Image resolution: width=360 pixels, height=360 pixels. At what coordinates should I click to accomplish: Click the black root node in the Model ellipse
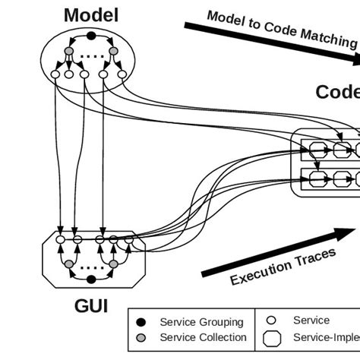click(91, 36)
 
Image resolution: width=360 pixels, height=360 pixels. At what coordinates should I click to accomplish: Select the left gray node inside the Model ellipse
click(69, 52)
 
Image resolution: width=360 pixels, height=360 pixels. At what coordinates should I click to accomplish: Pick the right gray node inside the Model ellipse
click(113, 52)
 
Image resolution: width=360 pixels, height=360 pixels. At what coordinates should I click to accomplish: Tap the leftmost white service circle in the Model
click(55, 74)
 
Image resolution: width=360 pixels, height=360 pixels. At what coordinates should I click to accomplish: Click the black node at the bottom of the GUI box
click(90, 279)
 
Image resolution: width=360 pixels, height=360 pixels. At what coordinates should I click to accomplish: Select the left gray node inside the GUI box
click(69, 264)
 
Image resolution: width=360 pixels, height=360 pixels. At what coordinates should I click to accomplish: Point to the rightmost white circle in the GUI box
click(128, 241)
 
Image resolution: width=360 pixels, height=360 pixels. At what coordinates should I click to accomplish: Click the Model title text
click(90, 14)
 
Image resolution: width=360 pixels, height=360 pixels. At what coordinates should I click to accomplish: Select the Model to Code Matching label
click(281, 30)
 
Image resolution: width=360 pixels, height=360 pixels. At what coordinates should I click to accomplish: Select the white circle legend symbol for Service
click(271, 321)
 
